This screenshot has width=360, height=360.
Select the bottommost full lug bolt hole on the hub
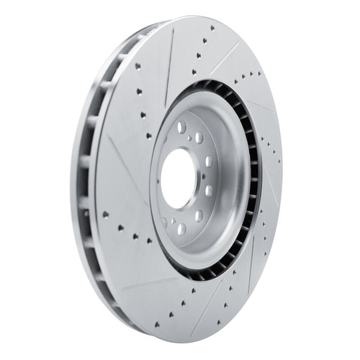[181, 229]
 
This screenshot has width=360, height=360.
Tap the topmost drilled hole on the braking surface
[212, 28]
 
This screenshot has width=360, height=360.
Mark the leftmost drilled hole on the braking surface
[105, 214]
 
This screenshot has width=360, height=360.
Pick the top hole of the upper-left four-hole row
[136, 65]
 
